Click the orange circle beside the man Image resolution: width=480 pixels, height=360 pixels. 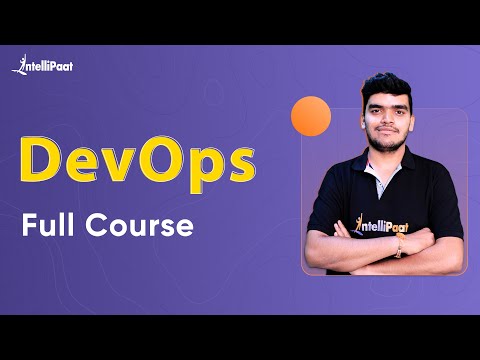(x=310, y=117)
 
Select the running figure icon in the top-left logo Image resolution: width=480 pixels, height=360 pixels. (x=18, y=65)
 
